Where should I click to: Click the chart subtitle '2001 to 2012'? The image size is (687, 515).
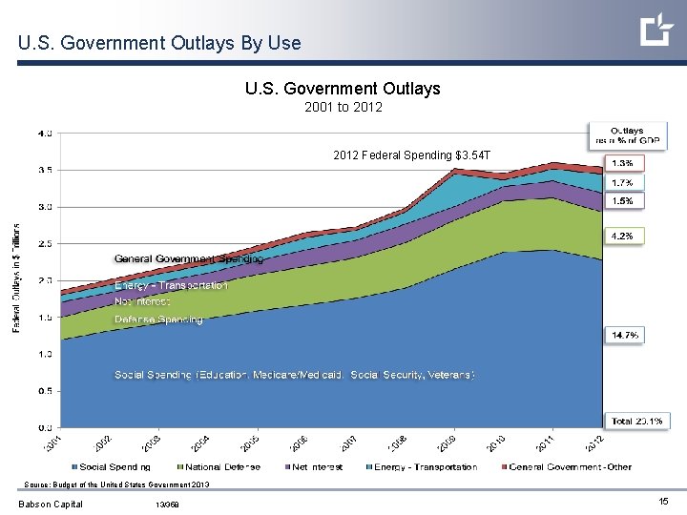pyautogui.click(x=343, y=107)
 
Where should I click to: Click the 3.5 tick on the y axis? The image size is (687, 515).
pyautogui.click(x=46, y=170)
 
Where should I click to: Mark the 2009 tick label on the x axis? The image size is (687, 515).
pyautogui.click(x=446, y=443)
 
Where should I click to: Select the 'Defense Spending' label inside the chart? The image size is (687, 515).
pyautogui.click(x=158, y=319)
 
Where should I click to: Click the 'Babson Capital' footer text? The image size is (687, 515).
pyautogui.click(x=51, y=505)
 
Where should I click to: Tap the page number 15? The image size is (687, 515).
pyautogui.click(x=662, y=501)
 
